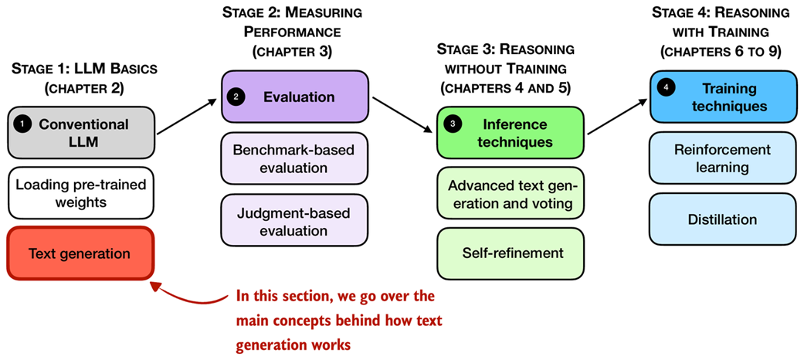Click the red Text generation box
[x=80, y=253]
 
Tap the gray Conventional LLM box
[x=80, y=132]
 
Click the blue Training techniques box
[x=722, y=97]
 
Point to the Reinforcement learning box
[x=722, y=158]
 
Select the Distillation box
[x=722, y=219]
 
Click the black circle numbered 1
[x=24, y=124]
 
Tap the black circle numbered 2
[x=238, y=97]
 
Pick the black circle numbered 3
[x=453, y=124]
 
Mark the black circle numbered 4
[x=667, y=89]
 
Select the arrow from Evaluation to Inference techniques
[x=402, y=114]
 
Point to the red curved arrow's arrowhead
[x=156, y=286]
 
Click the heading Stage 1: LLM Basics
[x=84, y=68]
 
